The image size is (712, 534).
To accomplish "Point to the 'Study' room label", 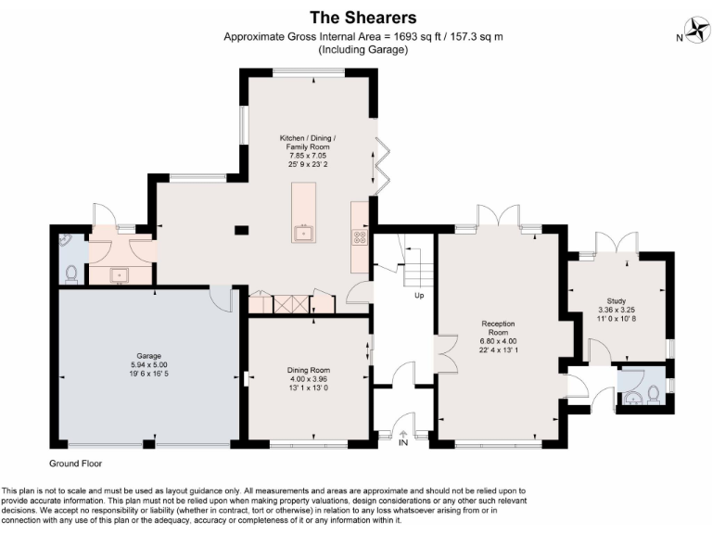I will (x=617, y=300).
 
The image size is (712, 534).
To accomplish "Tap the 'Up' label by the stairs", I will (x=419, y=297).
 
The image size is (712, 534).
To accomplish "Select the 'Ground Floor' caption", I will (x=76, y=463).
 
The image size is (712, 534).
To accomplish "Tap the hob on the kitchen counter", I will (x=359, y=236).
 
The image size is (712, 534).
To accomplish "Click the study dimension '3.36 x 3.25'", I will (x=617, y=311).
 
